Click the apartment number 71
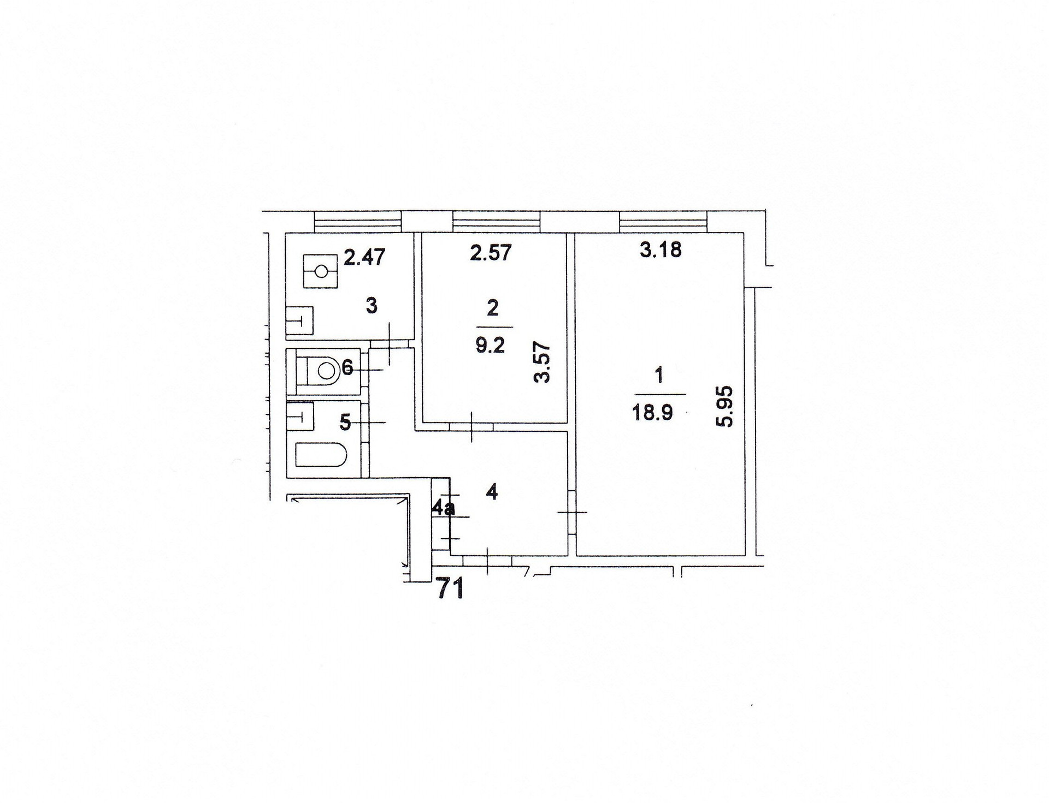click(451, 590)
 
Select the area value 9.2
click(490, 346)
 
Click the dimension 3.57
click(543, 362)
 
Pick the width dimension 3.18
click(661, 250)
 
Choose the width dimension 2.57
click(491, 253)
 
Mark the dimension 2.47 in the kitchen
click(364, 256)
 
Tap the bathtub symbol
click(321, 455)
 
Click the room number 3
click(372, 306)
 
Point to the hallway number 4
click(492, 493)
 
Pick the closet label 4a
click(443, 509)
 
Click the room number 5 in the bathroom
click(345, 422)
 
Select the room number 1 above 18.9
click(659, 376)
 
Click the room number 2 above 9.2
click(492, 308)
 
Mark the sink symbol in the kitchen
click(300, 319)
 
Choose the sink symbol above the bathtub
click(300, 416)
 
